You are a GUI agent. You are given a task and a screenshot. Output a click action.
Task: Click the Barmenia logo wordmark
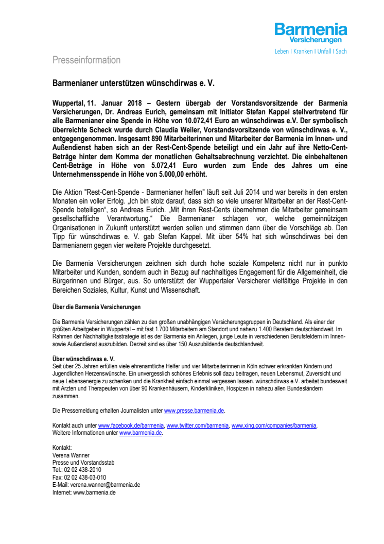click(x=310, y=29)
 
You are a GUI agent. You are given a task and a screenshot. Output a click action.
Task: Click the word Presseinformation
click(x=86, y=60)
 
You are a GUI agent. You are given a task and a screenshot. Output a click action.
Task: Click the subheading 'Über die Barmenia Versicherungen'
click(x=96, y=308)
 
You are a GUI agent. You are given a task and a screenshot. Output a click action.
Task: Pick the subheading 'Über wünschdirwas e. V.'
click(x=83, y=358)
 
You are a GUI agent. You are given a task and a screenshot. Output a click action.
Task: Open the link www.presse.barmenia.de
click(x=194, y=411)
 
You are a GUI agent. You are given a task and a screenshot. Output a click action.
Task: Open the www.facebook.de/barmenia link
click(x=131, y=426)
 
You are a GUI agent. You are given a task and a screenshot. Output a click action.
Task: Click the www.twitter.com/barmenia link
click(x=198, y=426)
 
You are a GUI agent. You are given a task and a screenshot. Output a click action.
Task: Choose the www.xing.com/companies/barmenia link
click(x=274, y=426)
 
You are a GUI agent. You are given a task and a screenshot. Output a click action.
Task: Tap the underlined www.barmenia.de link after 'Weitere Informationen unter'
click(x=141, y=433)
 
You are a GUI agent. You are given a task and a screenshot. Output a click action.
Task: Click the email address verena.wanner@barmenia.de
click(x=105, y=485)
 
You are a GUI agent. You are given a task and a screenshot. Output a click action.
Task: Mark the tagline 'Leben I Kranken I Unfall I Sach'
click(x=310, y=52)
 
